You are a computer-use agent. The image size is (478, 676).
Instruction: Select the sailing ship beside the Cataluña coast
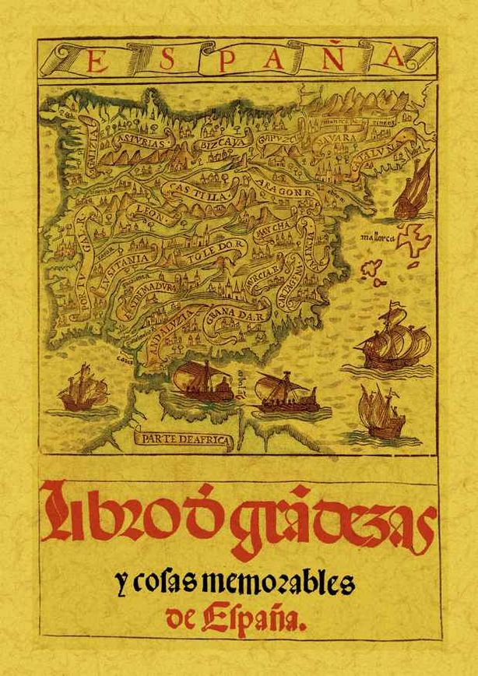pos(414,191)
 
